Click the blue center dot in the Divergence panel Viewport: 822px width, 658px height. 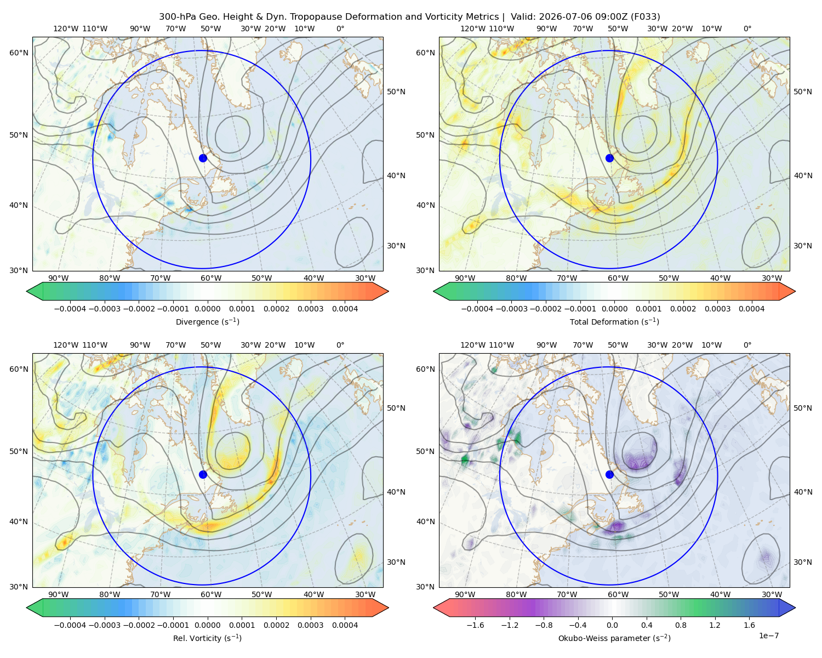[203, 158]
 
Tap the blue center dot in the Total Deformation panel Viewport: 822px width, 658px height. [609, 158]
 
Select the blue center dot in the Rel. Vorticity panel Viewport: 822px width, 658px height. [203, 474]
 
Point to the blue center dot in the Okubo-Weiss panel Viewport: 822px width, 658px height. [609, 474]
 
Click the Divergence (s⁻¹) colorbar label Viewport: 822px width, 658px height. [207, 321]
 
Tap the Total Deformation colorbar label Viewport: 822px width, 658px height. [614, 321]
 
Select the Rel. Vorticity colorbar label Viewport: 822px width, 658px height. [207, 638]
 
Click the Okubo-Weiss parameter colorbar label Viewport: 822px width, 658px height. [614, 638]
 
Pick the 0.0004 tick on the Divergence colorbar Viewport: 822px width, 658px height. [345, 309]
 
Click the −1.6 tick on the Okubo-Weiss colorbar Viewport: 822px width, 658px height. [475, 625]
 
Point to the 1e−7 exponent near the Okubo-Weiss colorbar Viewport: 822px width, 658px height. [768, 636]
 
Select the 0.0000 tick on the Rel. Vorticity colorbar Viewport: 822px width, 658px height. [207, 625]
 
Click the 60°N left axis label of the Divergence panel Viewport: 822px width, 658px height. [19, 53]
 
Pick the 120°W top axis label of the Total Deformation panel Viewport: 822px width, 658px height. [472, 29]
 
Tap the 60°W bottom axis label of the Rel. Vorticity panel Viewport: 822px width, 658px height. [211, 594]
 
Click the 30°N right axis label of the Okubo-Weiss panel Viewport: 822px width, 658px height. [803, 562]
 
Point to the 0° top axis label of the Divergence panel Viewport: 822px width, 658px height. [340, 29]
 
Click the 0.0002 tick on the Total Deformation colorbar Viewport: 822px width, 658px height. [683, 309]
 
